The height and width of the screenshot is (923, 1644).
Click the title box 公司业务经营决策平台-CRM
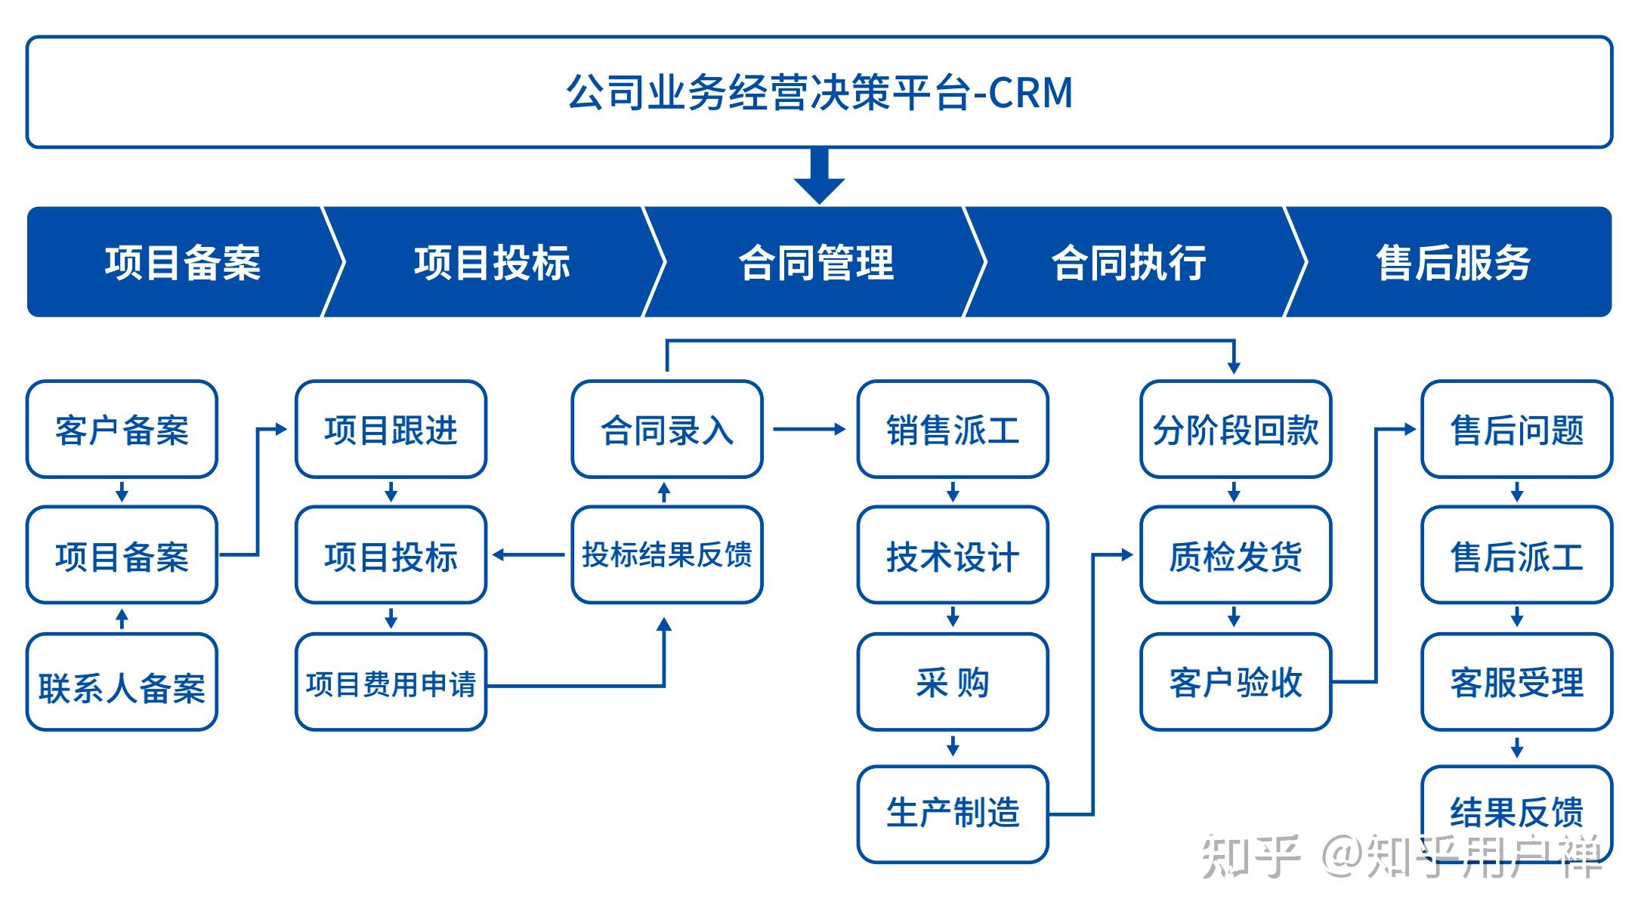[x=820, y=91]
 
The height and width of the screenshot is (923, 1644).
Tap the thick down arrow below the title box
[x=819, y=177]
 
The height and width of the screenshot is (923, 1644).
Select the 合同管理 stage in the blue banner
[x=816, y=262]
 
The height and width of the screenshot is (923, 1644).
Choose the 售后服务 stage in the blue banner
[x=1452, y=262]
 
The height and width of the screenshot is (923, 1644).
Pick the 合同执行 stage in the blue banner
[x=1129, y=262]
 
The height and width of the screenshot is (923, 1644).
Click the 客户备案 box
[x=122, y=429]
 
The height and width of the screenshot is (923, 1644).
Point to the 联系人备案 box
[x=122, y=682]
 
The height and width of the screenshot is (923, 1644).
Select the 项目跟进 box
[x=391, y=429]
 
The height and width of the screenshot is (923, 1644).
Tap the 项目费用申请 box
[x=391, y=682]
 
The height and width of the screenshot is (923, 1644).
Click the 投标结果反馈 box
[x=667, y=554]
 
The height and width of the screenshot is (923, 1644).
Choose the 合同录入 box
[x=667, y=429]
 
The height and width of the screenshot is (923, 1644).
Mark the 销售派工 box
[x=953, y=429]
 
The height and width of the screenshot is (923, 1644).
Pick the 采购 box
[x=953, y=682]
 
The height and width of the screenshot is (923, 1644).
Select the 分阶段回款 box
[x=1235, y=429]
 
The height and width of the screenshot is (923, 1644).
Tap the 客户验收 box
[x=1235, y=682]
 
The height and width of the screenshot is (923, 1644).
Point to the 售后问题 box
[x=1517, y=429]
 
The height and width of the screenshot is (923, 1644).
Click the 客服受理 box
[x=1517, y=682]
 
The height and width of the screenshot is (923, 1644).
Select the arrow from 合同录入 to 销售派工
[x=809, y=429]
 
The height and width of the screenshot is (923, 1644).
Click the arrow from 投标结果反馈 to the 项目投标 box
[x=529, y=555]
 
